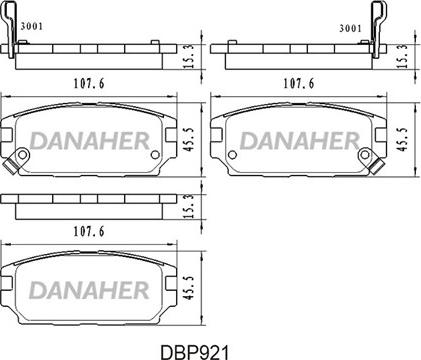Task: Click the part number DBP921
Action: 195,352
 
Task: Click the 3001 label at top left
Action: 32,26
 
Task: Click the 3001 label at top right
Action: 350,28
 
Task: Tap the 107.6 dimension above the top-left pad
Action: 89,83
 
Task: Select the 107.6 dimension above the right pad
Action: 299,83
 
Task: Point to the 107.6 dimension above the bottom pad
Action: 89,231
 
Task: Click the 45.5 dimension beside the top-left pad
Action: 189,139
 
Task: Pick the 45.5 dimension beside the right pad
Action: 403,139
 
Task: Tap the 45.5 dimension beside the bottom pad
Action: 189,287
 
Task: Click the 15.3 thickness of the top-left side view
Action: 189,56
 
